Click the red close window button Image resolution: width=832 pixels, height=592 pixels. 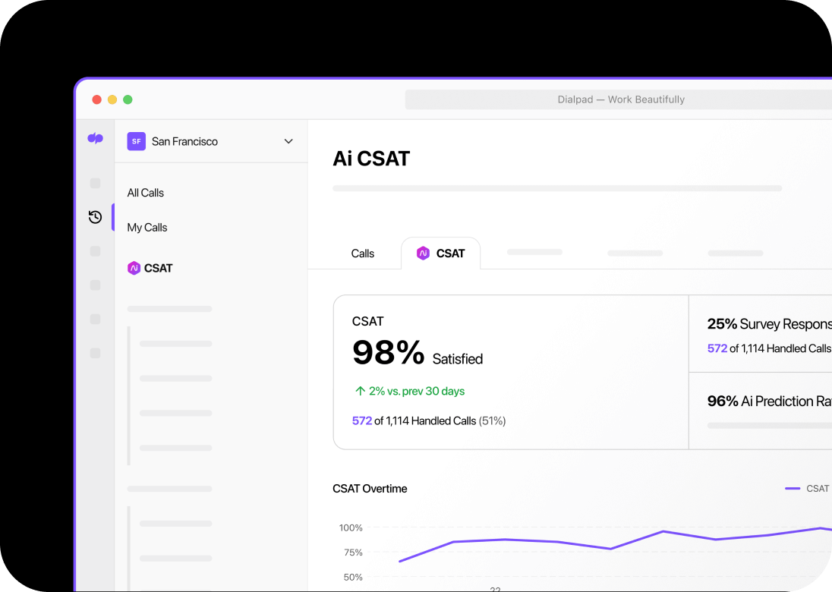(x=96, y=99)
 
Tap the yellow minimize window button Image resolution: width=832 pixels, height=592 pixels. (x=112, y=99)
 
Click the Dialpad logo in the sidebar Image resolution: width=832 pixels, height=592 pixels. (x=95, y=138)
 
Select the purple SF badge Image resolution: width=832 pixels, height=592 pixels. (x=136, y=141)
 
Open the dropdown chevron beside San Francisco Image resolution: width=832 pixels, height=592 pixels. (x=288, y=141)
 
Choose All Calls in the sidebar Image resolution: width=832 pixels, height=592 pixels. (x=146, y=193)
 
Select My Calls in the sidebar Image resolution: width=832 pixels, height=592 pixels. (x=147, y=227)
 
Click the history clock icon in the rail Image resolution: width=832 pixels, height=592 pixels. (x=95, y=217)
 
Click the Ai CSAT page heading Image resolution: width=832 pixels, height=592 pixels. (x=371, y=159)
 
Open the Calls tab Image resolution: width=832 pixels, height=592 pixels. (x=363, y=253)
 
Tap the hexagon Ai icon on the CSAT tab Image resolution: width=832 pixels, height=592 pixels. (x=424, y=253)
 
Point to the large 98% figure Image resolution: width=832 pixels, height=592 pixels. (x=388, y=353)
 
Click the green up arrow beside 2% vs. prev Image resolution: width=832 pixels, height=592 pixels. (x=361, y=392)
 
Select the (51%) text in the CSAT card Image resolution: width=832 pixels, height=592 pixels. (x=492, y=420)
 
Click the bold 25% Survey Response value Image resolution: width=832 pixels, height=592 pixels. (x=722, y=324)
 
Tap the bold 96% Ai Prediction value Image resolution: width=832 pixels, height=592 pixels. (x=722, y=401)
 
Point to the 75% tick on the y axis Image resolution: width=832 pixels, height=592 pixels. (x=351, y=553)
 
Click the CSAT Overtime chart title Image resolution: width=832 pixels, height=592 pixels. (x=370, y=489)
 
